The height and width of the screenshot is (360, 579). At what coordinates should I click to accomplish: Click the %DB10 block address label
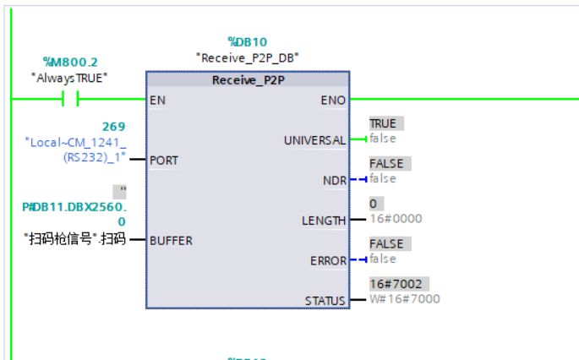[x=247, y=41]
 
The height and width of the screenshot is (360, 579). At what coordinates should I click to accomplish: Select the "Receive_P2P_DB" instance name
[x=247, y=58]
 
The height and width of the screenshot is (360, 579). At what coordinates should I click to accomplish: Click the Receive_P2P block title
[x=247, y=80]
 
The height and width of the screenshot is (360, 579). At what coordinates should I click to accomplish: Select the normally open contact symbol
[x=71, y=100]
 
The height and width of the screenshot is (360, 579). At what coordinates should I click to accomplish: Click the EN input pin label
[x=157, y=100]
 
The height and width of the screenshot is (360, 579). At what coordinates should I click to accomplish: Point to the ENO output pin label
[x=334, y=100]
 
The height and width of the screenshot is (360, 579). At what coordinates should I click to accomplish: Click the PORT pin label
[x=164, y=159]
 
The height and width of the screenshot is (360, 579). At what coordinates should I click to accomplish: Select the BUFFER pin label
[x=171, y=240]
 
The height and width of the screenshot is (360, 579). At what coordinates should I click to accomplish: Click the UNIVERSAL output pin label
[x=314, y=139]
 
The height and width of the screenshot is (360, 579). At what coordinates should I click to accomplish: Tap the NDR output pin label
[x=334, y=179]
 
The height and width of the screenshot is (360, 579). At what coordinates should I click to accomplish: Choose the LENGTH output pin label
[x=324, y=221]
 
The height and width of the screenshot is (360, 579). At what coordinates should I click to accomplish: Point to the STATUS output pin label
[x=325, y=301]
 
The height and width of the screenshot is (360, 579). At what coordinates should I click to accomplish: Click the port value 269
[x=114, y=127]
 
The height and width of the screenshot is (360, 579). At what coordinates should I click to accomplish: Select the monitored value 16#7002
[x=393, y=284]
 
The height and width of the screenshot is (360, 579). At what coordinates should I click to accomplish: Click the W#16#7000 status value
[x=404, y=299]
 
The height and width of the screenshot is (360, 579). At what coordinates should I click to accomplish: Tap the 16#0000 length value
[x=396, y=219]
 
